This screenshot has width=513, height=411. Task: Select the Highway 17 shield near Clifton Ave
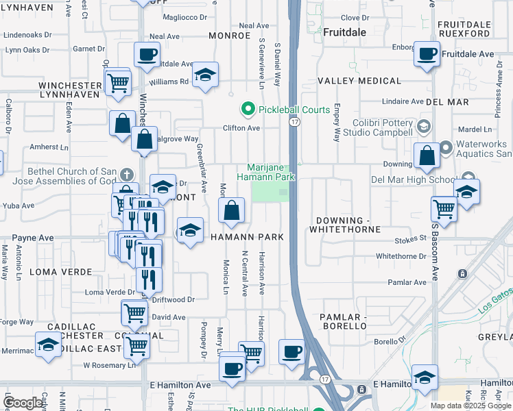294,122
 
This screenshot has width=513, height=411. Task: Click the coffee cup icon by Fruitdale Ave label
427,55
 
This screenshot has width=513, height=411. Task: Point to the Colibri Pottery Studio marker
423,126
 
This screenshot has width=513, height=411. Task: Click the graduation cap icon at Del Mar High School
466,192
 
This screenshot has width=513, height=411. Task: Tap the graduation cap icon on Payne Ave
190,230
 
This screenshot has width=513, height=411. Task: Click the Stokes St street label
411,239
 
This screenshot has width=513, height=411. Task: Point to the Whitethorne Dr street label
401,256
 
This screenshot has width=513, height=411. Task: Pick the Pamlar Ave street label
407,282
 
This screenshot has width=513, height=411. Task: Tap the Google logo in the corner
23,402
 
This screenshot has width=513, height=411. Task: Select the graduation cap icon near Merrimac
48,345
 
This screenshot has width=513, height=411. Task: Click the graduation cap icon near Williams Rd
204,76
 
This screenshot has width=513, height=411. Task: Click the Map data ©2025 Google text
470,405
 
